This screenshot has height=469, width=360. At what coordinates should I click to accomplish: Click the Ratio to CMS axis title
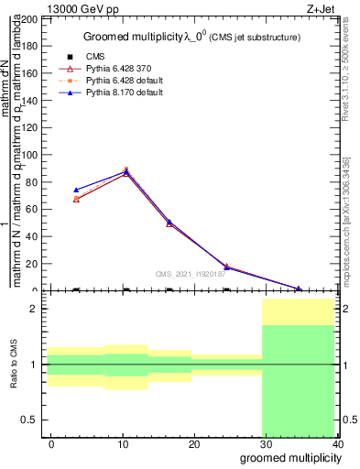point(14,364)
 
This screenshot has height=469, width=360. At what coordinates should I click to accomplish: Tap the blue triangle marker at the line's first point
point(76,190)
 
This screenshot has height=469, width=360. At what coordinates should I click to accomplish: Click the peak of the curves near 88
point(126,170)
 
